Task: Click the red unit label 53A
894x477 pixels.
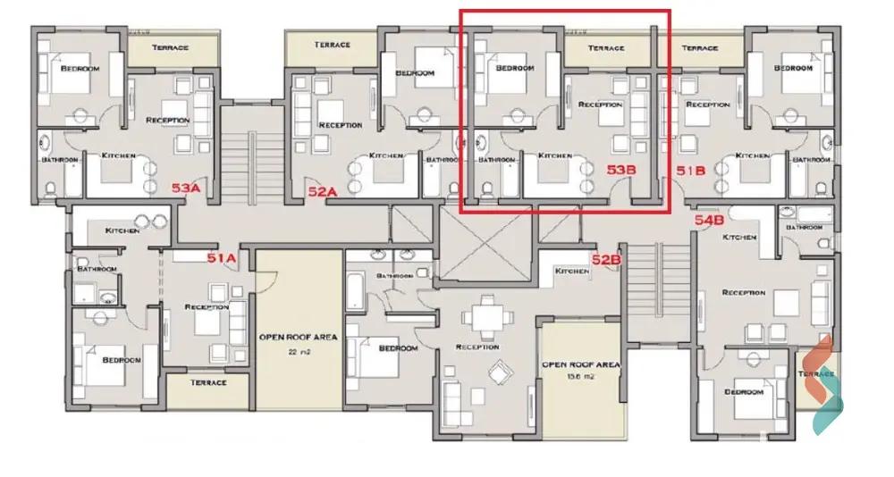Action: pyautogui.click(x=185, y=188)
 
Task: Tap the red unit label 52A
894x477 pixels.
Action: pyautogui.click(x=322, y=190)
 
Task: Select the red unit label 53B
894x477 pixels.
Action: pyautogui.click(x=621, y=168)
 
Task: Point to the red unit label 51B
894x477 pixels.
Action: pyautogui.click(x=692, y=168)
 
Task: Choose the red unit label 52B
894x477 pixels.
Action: pyautogui.click(x=606, y=259)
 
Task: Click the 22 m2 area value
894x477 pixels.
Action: pyautogui.click(x=298, y=353)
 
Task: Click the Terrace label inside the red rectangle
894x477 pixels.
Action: pyautogui.click(x=606, y=47)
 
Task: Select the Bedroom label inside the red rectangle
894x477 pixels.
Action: pyautogui.click(x=515, y=68)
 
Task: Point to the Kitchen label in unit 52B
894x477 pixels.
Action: pyautogui.click(x=572, y=271)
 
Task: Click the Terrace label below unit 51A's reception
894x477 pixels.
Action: pyautogui.click(x=207, y=382)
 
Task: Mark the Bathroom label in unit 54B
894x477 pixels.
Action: pyautogui.click(x=804, y=228)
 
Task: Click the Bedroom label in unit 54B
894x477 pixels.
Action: pyautogui.click(x=743, y=391)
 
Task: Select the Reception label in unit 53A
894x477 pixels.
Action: pyautogui.click(x=167, y=120)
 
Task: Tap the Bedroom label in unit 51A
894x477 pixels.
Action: pyautogui.click(x=122, y=360)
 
